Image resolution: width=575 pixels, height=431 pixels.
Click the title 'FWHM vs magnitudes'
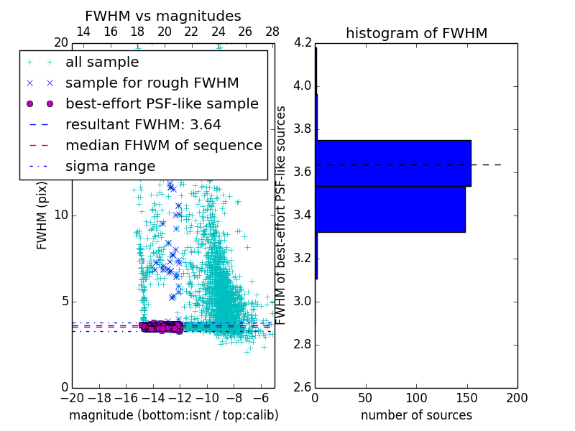pyautogui.click(x=162, y=16)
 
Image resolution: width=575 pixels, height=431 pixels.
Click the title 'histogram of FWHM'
pyautogui.click(x=416, y=33)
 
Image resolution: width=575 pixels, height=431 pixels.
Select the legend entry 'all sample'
pyautogui.click(x=102, y=62)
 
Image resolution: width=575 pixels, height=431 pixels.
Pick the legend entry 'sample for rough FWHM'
pyautogui.click(x=152, y=83)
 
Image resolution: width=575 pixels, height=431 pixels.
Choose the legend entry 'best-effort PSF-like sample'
pyautogui.click(x=162, y=104)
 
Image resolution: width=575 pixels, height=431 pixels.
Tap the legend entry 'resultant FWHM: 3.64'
pyautogui.click(x=143, y=125)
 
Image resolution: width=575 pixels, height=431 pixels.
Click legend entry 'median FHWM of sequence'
pyautogui.click(x=163, y=146)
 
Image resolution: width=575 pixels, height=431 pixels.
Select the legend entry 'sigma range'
pyautogui.click(x=110, y=167)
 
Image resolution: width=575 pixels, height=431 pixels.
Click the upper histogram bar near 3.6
pyautogui.click(x=393, y=163)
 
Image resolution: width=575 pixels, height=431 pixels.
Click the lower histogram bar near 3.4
pyautogui.click(x=390, y=209)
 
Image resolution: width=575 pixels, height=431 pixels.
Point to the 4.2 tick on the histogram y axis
pyautogui.click(x=303, y=43)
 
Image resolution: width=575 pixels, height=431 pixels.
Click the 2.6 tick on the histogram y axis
pyautogui.click(x=303, y=387)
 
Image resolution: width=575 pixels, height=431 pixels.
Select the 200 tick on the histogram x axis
pyautogui.click(x=517, y=397)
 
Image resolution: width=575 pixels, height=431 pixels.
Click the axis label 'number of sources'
pyautogui.click(x=416, y=415)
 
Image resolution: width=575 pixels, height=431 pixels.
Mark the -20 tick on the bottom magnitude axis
pyautogui.click(x=72, y=397)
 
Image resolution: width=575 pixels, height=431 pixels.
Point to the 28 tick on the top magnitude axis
pyautogui.click(x=272, y=32)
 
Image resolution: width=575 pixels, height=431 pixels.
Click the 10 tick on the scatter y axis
pyautogui.click(x=62, y=215)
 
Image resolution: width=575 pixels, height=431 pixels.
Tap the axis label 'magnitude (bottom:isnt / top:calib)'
pyautogui.click(x=173, y=415)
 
